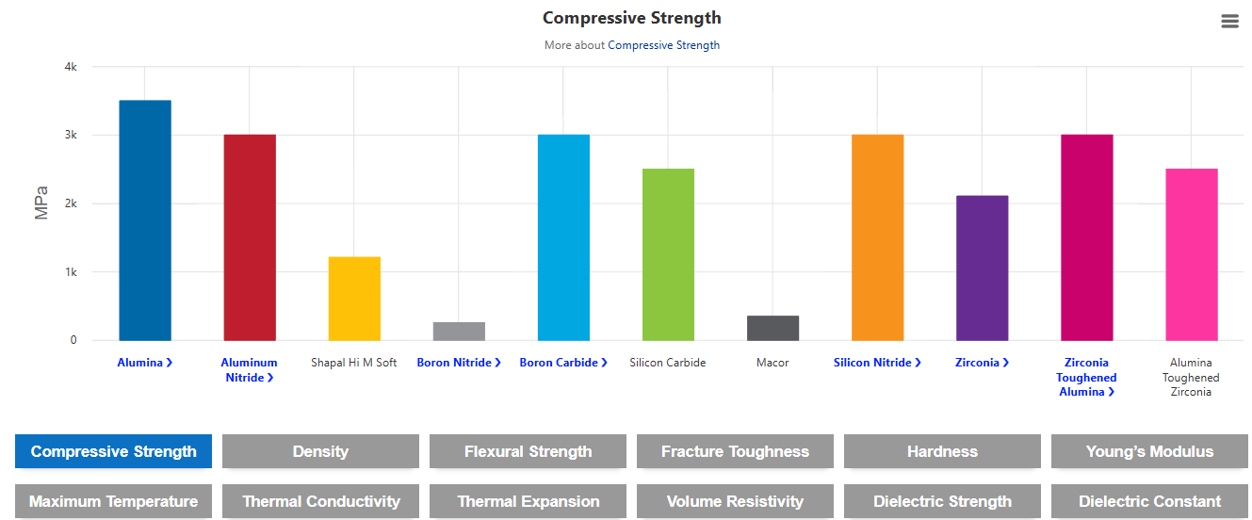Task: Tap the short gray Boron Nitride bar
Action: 459,331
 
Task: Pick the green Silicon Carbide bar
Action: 668,254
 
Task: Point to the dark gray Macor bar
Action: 772,328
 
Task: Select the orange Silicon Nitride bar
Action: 877,237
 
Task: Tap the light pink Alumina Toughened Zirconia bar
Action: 1191,254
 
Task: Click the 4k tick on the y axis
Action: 71,67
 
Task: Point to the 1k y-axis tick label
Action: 71,272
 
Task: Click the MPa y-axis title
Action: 41,203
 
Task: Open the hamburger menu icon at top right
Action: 1229,22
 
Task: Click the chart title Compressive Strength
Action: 631,18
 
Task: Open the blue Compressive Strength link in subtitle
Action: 663,45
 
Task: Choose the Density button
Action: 320,451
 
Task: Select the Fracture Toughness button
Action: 735,451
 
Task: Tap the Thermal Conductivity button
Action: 320,501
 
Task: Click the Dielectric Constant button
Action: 1149,501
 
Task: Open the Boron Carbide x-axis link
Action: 563,363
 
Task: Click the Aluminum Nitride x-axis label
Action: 249,369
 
